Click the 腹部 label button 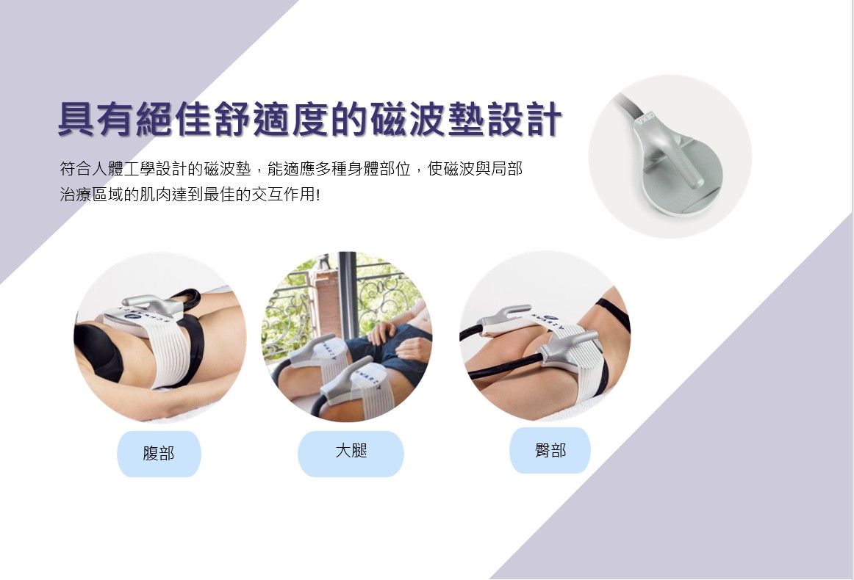[x=159, y=454]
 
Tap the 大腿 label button [x=351, y=454]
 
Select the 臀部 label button [x=550, y=451]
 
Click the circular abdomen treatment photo [x=160, y=337]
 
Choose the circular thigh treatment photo [x=348, y=337]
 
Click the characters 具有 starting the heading [x=96, y=119]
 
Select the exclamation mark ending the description [x=317, y=195]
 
